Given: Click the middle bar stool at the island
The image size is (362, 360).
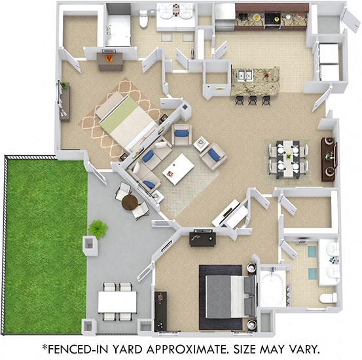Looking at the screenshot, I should [x=253, y=99].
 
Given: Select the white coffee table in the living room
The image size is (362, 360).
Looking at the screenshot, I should [x=179, y=170].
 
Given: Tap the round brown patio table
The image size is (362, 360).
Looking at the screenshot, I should [x=130, y=201].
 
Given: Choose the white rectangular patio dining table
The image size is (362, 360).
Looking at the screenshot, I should [x=117, y=302].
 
